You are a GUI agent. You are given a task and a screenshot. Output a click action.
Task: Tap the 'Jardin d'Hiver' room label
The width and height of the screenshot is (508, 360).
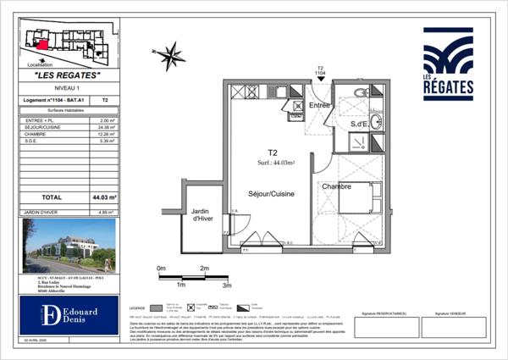(201, 216)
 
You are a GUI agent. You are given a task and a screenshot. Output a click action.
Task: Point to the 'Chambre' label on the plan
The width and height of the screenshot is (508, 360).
(335, 186)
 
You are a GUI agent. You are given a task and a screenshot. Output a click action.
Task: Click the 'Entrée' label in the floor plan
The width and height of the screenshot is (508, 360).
(319, 105)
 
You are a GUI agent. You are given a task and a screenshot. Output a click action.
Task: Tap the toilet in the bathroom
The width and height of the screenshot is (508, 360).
(361, 92)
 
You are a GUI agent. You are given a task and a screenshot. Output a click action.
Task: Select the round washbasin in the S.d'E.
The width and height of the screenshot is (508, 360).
(375, 122)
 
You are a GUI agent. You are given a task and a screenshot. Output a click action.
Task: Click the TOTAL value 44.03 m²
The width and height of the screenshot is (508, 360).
(106, 197)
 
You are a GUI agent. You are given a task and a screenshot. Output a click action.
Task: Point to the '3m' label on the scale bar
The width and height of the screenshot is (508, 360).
(226, 286)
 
